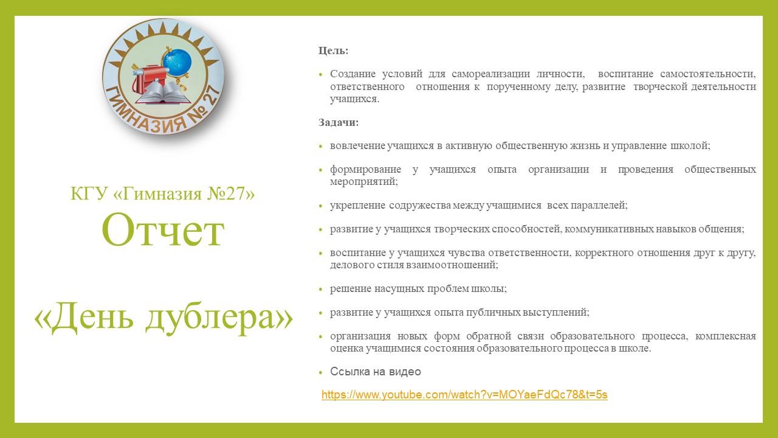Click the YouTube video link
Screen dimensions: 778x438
point(464,395)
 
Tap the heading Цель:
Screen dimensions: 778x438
point(334,50)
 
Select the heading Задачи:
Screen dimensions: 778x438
point(339,122)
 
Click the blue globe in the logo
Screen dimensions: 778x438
point(177,63)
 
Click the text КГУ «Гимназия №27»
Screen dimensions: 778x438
point(162,193)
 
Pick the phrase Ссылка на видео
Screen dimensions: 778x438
point(376,372)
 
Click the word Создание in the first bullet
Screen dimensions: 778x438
point(353,74)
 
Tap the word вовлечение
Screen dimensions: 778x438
point(357,145)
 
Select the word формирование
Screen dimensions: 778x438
point(365,170)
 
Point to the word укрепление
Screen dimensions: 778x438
point(357,206)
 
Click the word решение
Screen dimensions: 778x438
point(350,289)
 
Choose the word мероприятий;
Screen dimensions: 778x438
point(363,182)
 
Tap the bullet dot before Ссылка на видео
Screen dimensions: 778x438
point(320,373)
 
